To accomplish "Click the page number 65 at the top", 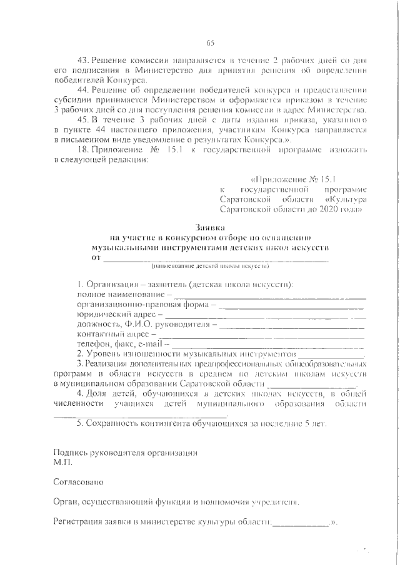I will tap(210, 42).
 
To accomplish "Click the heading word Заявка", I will tap(210, 228).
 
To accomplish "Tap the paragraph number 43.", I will tap(82, 60).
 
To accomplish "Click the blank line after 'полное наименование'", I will tap(269, 294).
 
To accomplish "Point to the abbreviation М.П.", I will tap(64, 464).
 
